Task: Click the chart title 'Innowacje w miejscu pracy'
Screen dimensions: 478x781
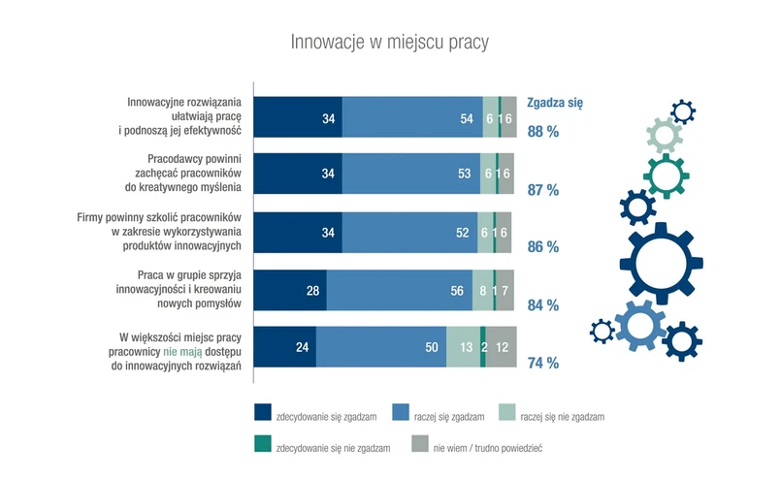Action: (390, 43)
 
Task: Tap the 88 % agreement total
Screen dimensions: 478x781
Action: (542, 132)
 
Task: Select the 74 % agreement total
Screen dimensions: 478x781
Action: (542, 364)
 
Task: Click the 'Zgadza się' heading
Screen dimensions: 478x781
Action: (554, 101)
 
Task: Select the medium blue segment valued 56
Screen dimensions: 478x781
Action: (399, 290)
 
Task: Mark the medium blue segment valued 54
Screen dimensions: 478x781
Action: (412, 116)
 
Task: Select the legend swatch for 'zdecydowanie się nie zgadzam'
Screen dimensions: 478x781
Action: (262, 445)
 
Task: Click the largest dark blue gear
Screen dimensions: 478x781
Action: (661, 263)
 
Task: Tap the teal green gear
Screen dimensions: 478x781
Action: (667, 174)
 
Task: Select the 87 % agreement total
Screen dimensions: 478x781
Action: (542, 190)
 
